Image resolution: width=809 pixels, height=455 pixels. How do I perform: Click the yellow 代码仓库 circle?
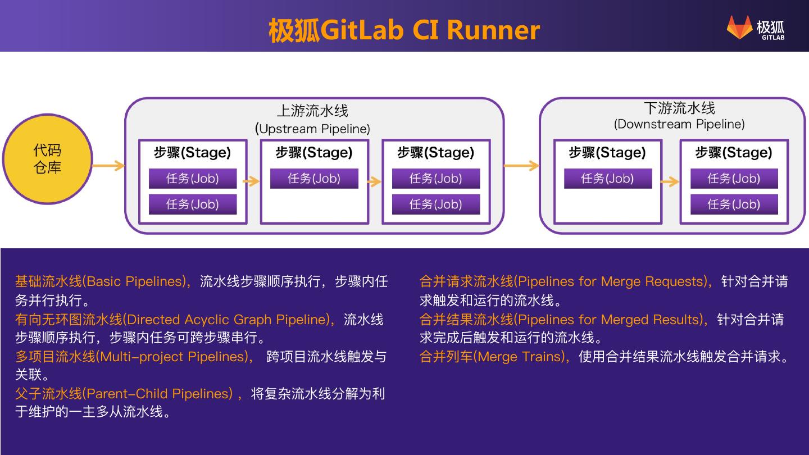pos(47,160)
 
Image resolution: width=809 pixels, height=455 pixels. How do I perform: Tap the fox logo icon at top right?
pos(740,27)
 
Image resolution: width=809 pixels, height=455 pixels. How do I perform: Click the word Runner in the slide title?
pos(493,30)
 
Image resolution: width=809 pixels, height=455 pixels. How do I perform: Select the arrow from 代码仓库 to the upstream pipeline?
pos(109,166)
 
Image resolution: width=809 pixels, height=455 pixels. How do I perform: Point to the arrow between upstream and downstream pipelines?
pos(521,166)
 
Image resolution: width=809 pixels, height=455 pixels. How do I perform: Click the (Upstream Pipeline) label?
pos(312,129)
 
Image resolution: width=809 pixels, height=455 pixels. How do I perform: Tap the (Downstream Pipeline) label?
pos(679,124)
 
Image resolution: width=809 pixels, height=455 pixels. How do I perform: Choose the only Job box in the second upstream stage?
pos(314,179)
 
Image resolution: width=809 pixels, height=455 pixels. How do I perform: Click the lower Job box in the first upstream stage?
pos(193,204)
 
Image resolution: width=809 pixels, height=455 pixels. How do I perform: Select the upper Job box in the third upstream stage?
pos(436,179)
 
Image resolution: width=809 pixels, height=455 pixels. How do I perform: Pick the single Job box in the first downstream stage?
pos(608,179)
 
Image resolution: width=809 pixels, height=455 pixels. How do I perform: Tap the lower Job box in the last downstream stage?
pos(734,204)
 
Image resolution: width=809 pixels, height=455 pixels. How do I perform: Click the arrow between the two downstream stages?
pos(670,181)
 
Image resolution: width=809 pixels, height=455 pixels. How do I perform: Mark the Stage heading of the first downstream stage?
pos(607,152)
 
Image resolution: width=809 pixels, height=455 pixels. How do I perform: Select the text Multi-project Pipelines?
pos(174,357)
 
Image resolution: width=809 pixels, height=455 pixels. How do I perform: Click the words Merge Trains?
pos(521,357)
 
